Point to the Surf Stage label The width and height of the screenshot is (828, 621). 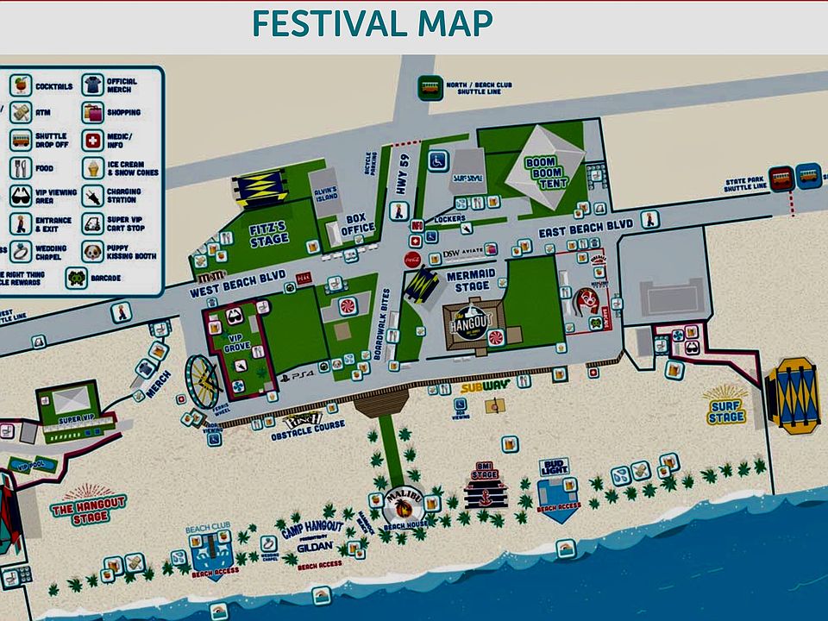coord(725,412)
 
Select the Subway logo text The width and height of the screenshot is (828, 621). coord(485,387)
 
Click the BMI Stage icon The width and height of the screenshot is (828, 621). coord(485,485)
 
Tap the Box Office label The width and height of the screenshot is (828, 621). coord(357,223)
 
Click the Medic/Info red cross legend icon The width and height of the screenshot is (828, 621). coord(92,140)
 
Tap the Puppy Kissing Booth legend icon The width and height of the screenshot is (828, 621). coord(92,251)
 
